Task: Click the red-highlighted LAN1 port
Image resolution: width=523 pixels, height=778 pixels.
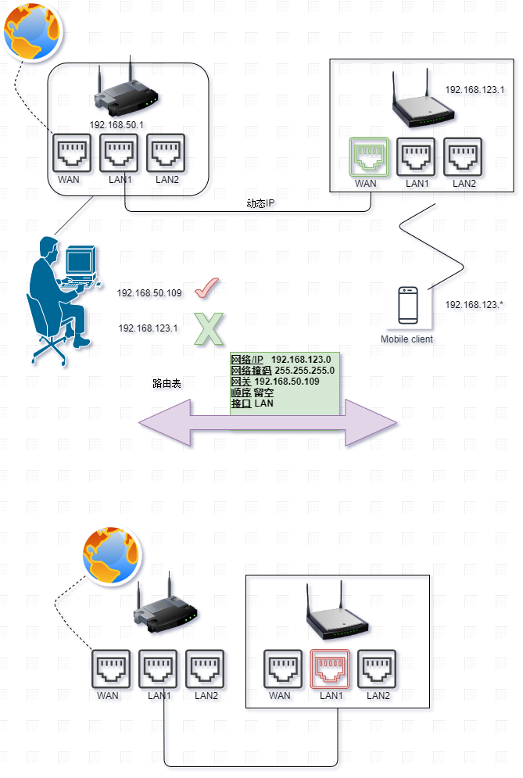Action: tap(331, 669)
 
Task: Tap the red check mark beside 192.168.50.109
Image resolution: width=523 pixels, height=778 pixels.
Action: tap(206, 290)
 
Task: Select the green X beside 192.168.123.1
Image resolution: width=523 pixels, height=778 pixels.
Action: tap(207, 328)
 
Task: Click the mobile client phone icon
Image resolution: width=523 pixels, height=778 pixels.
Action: tap(407, 306)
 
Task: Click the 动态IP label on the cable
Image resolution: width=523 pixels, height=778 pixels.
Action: tap(261, 203)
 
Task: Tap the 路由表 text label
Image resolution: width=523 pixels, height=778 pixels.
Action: tap(168, 384)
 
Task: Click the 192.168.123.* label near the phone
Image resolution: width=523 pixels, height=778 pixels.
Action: tap(474, 304)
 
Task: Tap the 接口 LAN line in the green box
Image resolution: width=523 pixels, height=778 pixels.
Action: tap(252, 403)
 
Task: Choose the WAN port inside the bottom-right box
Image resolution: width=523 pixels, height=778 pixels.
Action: tap(279, 669)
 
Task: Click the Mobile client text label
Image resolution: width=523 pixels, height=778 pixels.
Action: tap(407, 339)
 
